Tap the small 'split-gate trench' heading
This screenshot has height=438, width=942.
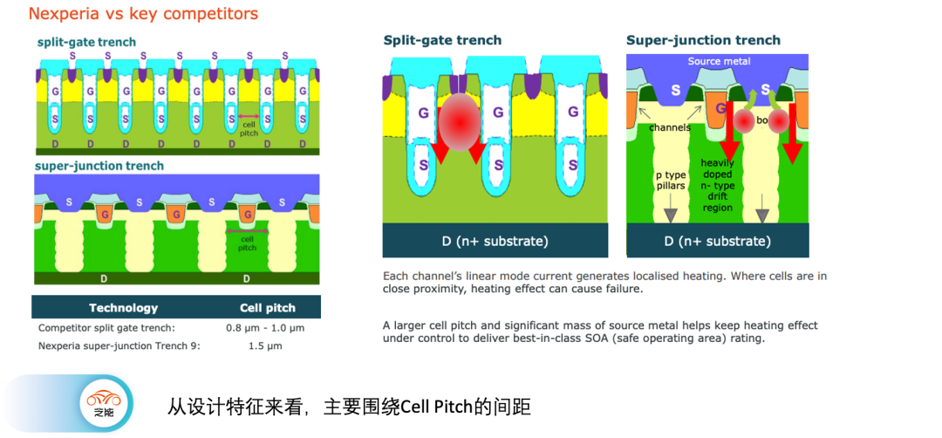(x=86, y=42)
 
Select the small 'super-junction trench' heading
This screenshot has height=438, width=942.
(x=99, y=166)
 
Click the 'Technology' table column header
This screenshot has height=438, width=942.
(x=124, y=308)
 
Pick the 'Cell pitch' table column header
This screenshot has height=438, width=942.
(x=268, y=308)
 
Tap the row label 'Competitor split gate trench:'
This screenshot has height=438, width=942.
(x=106, y=328)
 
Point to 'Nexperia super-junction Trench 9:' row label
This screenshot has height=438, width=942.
(x=119, y=346)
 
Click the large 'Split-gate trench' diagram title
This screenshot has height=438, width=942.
(x=443, y=40)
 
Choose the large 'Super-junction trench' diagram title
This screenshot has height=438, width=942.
(x=703, y=40)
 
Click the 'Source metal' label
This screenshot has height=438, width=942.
(x=719, y=61)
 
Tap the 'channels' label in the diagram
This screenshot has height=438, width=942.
(x=670, y=127)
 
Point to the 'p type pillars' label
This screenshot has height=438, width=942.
(x=671, y=181)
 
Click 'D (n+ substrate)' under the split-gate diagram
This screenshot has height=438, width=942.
(x=495, y=241)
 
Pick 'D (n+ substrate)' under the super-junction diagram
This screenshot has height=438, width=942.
(x=718, y=241)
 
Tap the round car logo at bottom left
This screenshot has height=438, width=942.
(x=104, y=404)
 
